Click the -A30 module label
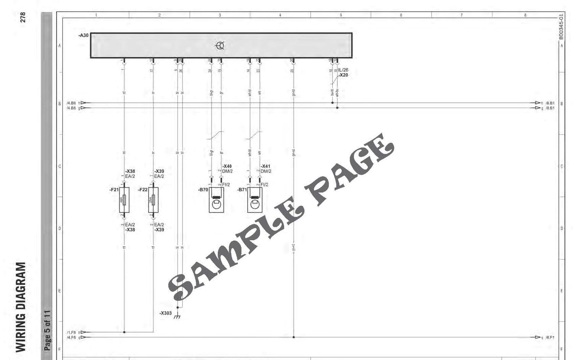(x=83, y=36)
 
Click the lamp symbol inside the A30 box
(x=220, y=46)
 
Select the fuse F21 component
(x=124, y=200)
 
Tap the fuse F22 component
(x=153, y=200)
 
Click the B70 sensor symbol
(x=216, y=200)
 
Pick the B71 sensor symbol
(x=254, y=200)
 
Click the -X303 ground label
(x=165, y=313)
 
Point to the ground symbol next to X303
(x=177, y=316)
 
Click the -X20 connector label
(x=343, y=75)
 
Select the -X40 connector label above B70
(x=227, y=166)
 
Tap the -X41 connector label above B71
(x=265, y=166)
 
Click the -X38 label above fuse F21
(x=130, y=171)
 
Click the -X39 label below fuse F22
(x=159, y=230)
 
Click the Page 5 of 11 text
(x=47, y=331)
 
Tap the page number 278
(x=23, y=17)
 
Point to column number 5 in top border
(x=341, y=15)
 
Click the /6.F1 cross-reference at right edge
(x=550, y=337)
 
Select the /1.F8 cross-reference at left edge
(x=71, y=333)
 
